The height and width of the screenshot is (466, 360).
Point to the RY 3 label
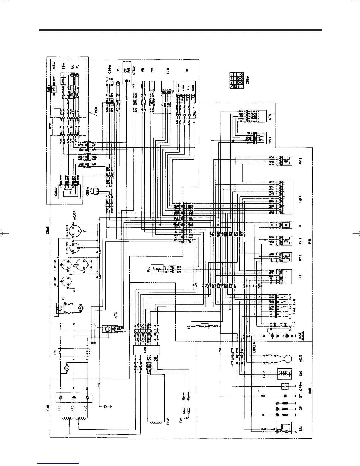pos(300,161)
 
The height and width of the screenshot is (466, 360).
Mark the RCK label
pos(96,111)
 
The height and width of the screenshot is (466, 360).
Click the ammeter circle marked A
pos(79,308)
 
